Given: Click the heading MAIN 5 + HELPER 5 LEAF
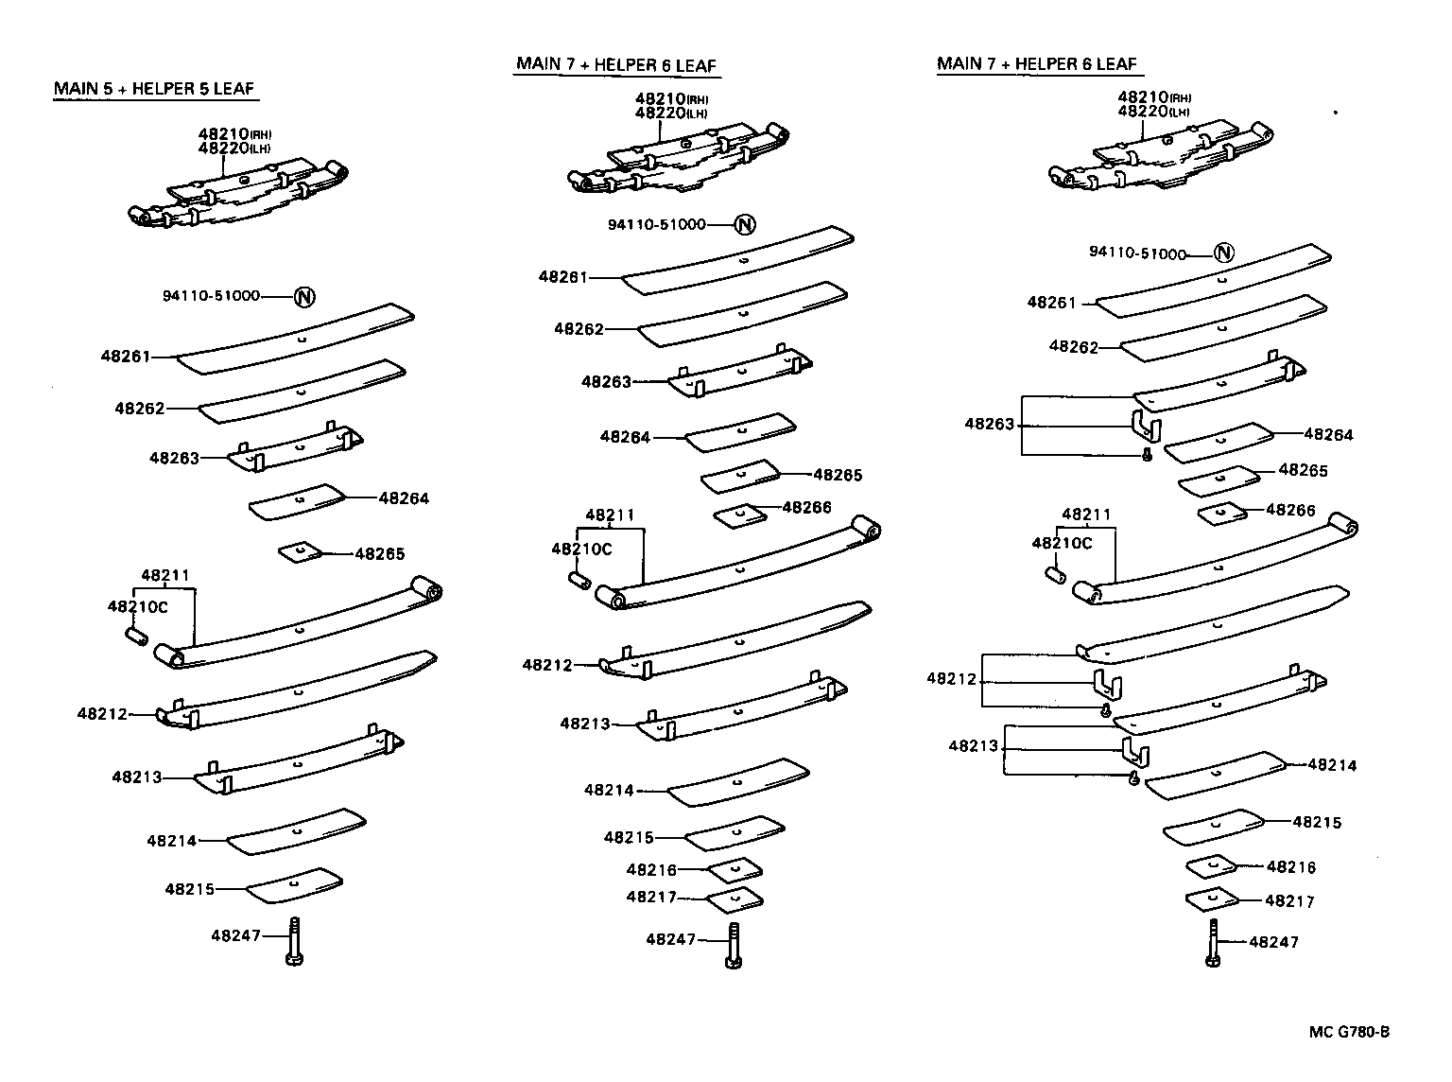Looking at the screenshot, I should point(154,89).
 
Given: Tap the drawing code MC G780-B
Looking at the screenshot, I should point(1349,1032).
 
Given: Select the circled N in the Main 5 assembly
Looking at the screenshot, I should point(303,297).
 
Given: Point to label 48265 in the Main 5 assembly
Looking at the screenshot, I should point(380,554).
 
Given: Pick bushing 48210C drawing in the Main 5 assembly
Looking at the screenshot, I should point(135,637).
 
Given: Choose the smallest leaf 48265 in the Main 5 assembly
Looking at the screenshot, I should point(300,550).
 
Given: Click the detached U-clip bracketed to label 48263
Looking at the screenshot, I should point(1147,425).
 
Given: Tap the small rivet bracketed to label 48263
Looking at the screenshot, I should point(1147,455).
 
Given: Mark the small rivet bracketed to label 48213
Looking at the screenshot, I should point(1133,777).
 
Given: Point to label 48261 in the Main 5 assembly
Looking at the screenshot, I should point(126,357).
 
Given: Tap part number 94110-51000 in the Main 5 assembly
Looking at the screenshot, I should point(211,296).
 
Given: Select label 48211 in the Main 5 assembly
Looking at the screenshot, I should point(165,575).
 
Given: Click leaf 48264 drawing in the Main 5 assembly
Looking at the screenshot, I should point(297,501).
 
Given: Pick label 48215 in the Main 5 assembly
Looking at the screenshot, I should point(190,889).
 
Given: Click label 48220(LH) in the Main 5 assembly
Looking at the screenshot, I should point(234,148).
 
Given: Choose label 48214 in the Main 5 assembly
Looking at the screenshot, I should point(172,840).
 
